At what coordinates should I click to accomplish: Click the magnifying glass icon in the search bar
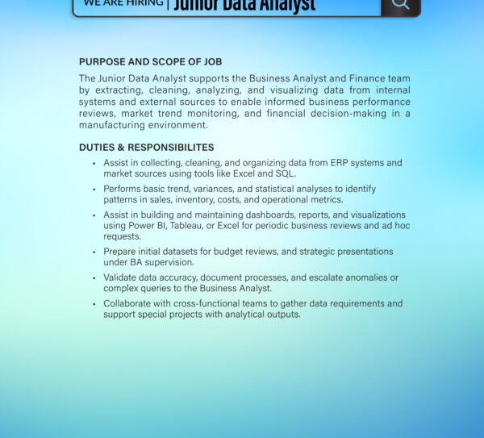click(x=400, y=4)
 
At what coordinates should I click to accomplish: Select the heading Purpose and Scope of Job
click(x=151, y=62)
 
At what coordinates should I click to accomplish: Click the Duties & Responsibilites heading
click(x=146, y=148)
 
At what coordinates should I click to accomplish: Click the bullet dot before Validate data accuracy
click(x=94, y=278)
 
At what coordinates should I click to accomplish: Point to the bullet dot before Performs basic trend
click(x=94, y=190)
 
